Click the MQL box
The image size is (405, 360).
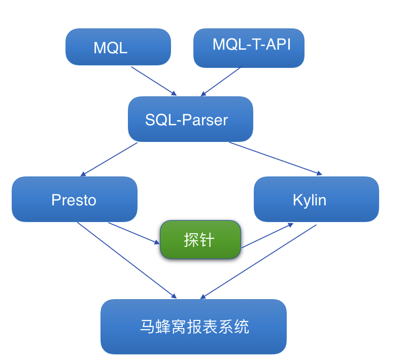118,47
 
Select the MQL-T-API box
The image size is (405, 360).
249,48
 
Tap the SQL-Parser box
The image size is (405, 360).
190,119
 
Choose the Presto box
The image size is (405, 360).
74,199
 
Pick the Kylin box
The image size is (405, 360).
316,199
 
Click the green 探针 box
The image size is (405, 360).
200,239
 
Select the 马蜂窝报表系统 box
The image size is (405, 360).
193,326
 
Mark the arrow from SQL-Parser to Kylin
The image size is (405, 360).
276,159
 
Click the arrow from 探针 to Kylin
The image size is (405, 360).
267,236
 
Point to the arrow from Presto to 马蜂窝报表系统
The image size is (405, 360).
127,260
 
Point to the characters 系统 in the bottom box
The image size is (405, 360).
233,327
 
